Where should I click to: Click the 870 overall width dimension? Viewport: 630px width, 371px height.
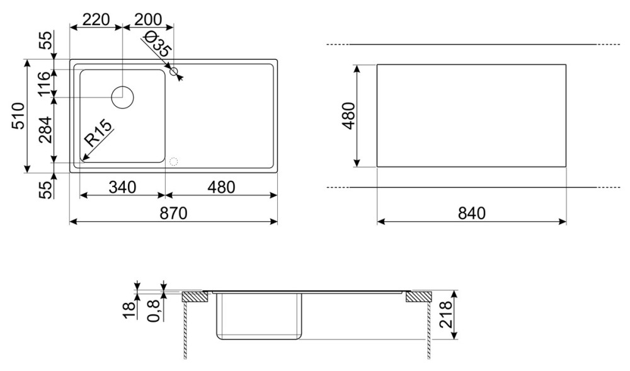coord(174,213)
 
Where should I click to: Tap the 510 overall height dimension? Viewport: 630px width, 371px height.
coord(19,116)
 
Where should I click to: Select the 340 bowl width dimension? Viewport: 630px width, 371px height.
coord(123,187)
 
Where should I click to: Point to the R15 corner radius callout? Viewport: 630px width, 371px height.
coord(98,134)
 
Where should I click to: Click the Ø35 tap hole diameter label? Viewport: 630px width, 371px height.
coord(157,45)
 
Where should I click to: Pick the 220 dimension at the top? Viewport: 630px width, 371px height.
coord(96,20)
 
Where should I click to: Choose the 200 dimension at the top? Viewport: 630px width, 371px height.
coord(148,20)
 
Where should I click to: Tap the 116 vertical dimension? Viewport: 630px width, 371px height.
coord(45,84)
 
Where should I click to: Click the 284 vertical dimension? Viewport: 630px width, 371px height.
coord(45,130)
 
